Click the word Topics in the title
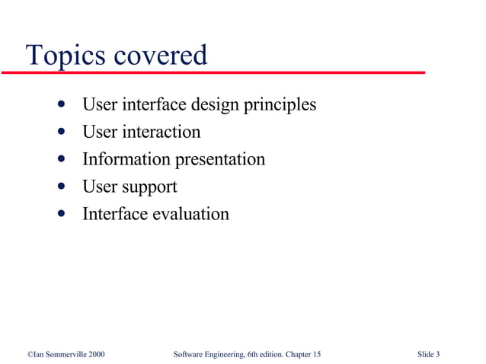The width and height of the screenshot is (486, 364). point(63,55)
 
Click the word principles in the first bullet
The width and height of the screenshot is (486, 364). point(279,105)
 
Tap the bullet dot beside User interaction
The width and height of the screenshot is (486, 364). point(61,133)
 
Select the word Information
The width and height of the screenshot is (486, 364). point(126,159)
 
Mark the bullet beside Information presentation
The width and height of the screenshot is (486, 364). point(61,160)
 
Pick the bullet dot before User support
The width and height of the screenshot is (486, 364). point(61,187)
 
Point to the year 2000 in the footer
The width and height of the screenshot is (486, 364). point(95,355)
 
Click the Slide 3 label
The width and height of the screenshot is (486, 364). point(429,355)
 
